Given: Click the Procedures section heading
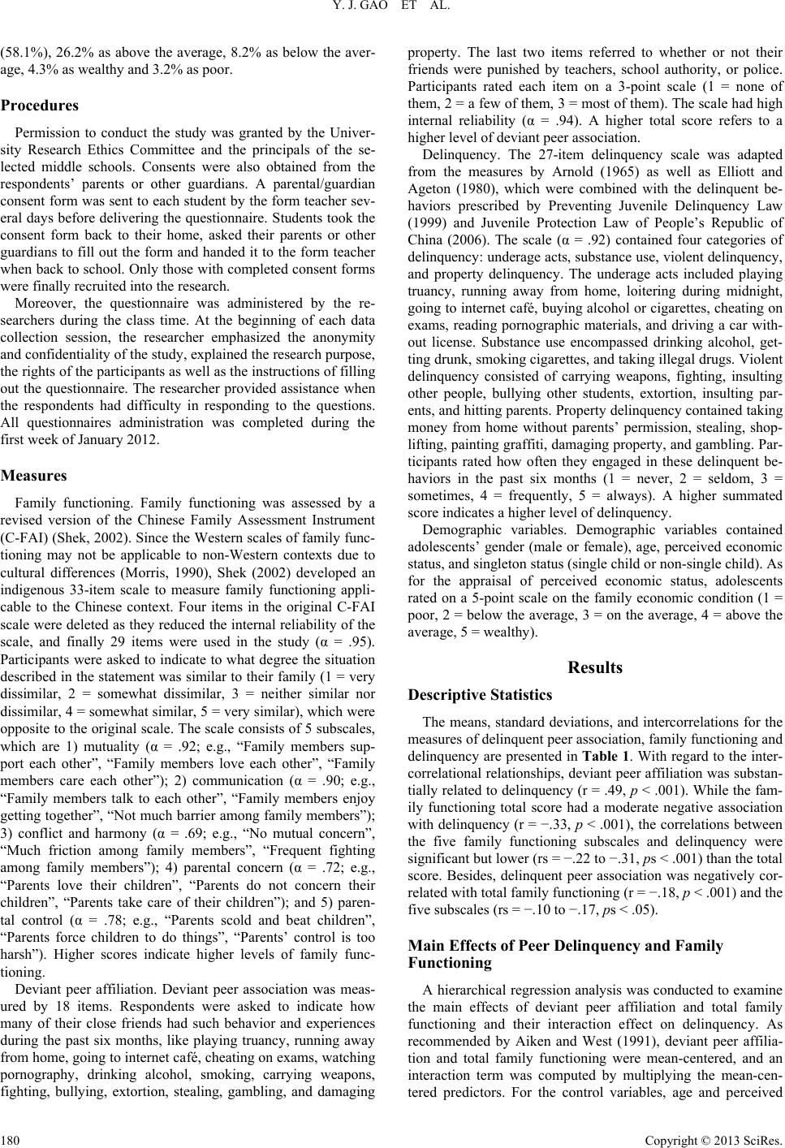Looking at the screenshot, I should click(41, 106).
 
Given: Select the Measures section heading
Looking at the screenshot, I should click(34, 475).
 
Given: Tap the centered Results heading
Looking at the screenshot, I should click(595, 667).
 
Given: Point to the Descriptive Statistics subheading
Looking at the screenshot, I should click(481, 695).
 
